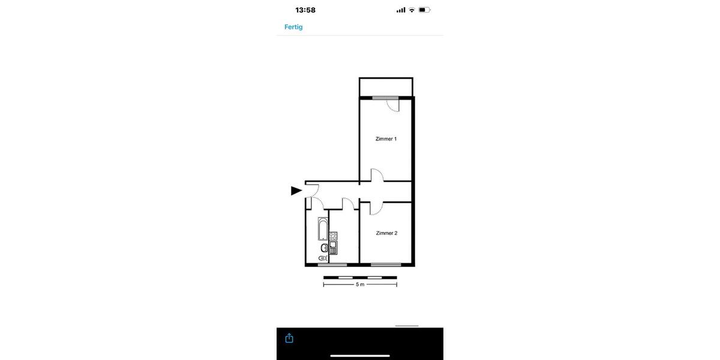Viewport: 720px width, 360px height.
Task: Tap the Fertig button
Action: coord(293,27)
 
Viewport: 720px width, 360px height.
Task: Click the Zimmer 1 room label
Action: coord(386,139)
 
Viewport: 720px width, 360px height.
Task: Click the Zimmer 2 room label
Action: coord(386,233)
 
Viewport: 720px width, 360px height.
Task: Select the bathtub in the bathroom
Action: coord(323,229)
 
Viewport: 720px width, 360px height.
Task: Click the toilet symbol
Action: coord(323,258)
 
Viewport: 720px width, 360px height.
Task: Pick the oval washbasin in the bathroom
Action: coord(324,247)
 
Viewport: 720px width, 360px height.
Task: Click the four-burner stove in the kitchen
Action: coord(333,236)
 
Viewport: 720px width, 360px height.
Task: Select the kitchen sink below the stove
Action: coord(333,247)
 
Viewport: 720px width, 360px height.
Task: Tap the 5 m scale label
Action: coord(360,284)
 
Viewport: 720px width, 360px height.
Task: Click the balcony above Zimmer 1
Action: coord(386,87)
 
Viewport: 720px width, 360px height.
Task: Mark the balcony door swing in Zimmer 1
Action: coord(393,106)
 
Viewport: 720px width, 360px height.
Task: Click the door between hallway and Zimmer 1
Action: coord(377,175)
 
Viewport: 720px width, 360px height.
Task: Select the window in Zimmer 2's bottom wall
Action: coord(386,265)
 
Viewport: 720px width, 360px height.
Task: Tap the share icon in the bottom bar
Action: coord(289,338)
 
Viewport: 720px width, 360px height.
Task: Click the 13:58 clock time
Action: coord(305,10)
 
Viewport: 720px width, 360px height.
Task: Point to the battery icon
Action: coord(425,10)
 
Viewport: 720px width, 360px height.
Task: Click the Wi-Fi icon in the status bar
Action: coord(412,10)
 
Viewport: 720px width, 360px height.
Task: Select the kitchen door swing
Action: coord(348,203)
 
